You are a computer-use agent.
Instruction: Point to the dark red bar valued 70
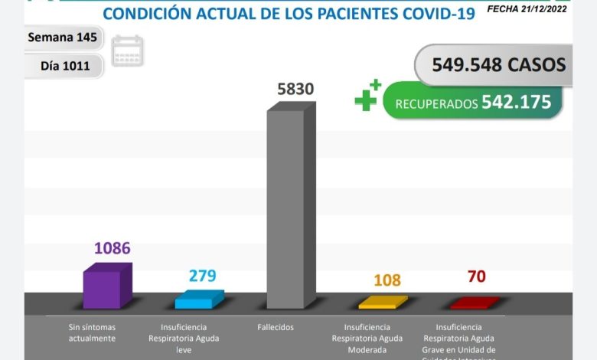tap(475, 303)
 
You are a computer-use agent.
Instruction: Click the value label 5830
tap(295, 89)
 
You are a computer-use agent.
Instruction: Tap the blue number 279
tap(202, 275)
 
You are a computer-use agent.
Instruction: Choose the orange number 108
tap(387, 280)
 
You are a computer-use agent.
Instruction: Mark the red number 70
tap(476, 276)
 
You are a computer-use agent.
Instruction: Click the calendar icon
tap(127, 51)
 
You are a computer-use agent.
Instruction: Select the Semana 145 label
tap(61, 38)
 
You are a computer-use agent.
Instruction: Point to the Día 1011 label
tap(65, 66)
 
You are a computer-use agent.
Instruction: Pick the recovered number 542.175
tap(517, 102)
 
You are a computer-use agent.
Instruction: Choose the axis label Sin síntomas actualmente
tap(91, 332)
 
